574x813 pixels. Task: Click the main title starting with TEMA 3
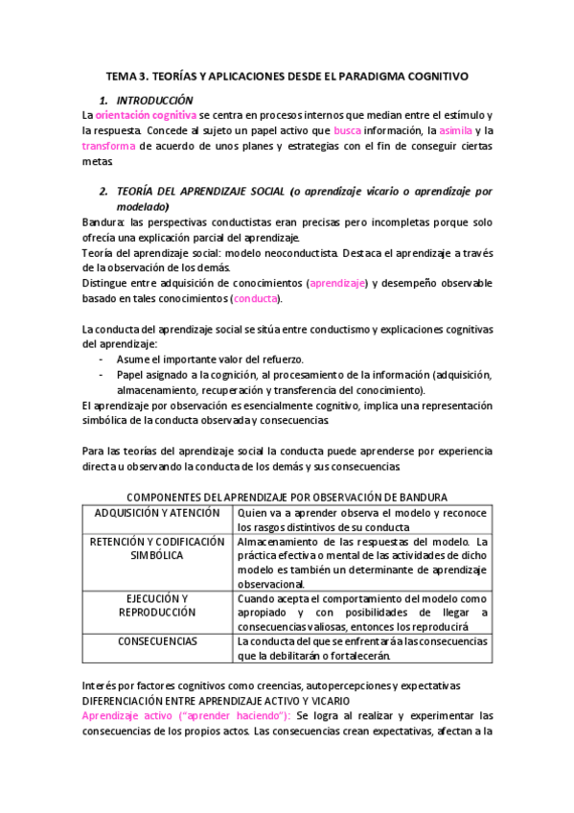[x=287, y=76]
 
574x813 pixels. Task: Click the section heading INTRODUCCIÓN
[x=154, y=101]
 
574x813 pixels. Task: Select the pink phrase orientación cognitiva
[x=145, y=115]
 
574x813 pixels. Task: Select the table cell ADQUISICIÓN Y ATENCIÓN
[x=156, y=512]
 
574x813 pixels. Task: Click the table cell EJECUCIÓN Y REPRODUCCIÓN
[x=156, y=605]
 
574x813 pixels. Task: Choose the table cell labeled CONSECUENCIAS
[x=156, y=641]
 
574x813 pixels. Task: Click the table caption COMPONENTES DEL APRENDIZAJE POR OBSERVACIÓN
[x=287, y=497]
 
